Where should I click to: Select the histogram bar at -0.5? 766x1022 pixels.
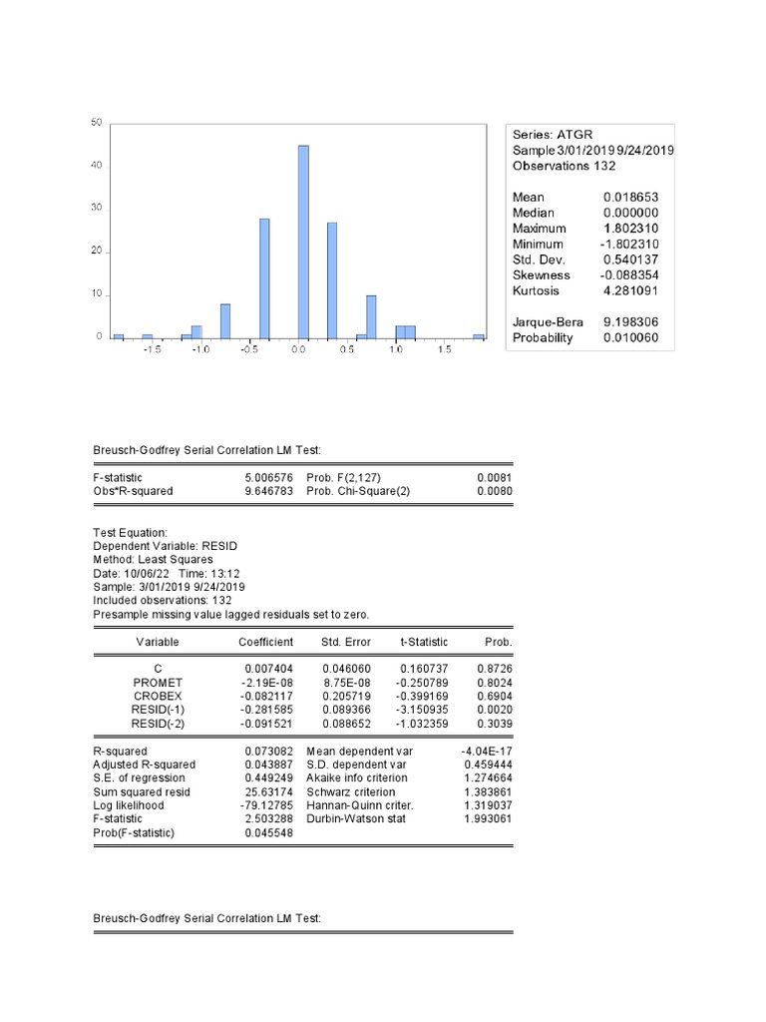pyautogui.click(x=264, y=278)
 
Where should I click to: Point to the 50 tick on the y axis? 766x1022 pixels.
pyautogui.click(x=97, y=123)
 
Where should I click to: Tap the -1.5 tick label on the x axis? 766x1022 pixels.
pyautogui.click(x=152, y=351)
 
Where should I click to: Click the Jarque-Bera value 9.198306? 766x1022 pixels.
pyautogui.click(x=630, y=322)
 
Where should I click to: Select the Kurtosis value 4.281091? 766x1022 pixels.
pyautogui.click(x=630, y=291)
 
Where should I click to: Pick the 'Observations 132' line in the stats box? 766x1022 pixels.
pyautogui.click(x=565, y=166)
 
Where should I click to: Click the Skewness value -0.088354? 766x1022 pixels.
pyautogui.click(x=629, y=275)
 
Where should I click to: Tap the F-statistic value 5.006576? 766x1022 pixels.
pyautogui.click(x=268, y=478)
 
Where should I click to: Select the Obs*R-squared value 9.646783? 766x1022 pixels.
pyautogui.click(x=268, y=492)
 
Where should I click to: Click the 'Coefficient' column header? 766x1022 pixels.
pyautogui.click(x=265, y=642)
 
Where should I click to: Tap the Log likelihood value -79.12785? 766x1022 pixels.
pyautogui.click(x=267, y=804)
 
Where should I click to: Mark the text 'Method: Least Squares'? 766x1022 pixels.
pyautogui.click(x=146, y=560)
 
